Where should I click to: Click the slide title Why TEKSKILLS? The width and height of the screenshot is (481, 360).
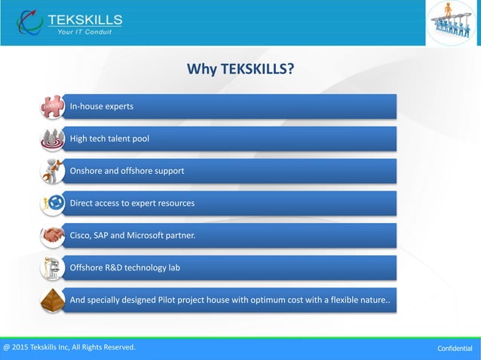[240, 70]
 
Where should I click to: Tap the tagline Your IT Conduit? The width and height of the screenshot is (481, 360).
[86, 31]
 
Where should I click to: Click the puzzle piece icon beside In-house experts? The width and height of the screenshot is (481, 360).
[53, 107]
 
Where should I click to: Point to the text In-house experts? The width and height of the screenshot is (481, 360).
[102, 106]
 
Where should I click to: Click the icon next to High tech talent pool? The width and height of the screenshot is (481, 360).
[53, 139]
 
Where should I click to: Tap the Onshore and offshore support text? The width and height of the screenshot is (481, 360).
[127, 171]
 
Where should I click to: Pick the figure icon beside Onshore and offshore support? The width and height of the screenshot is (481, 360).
[53, 171]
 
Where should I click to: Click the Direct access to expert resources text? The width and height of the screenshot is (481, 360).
[132, 203]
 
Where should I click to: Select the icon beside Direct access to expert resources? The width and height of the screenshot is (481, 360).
[53, 203]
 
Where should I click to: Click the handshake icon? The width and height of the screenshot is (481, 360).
[53, 236]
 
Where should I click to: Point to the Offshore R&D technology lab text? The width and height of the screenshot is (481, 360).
[125, 267]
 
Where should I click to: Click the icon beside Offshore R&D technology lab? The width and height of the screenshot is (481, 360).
[53, 267]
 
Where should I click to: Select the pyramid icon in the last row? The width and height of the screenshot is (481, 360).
[53, 300]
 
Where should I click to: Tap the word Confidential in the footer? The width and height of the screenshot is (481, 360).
[455, 349]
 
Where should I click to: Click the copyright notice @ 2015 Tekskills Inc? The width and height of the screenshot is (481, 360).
[69, 347]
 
